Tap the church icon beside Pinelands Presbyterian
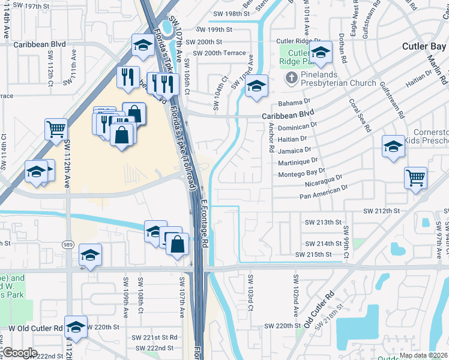coord(291,77)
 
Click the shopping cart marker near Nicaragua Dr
coord(415,177)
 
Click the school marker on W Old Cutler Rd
coord(76,326)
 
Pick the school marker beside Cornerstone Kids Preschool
coord(394,146)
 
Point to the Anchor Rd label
coord(271,137)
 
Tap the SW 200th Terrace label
coord(216,53)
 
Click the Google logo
coord(19,353)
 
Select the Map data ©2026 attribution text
coord(424,355)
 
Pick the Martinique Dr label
coord(298,162)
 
